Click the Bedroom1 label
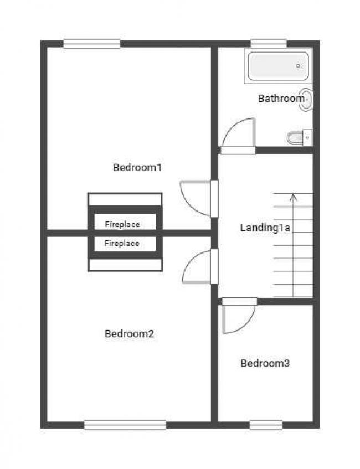137,167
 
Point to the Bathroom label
281,99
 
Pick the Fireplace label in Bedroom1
122,224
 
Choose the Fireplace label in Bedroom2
122,243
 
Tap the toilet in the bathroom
299,137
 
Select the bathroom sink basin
306,99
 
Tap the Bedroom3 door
237,317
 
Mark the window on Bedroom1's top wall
92,43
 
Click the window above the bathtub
269,43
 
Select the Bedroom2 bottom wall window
125,425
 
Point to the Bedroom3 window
266,425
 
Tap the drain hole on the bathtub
299,66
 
